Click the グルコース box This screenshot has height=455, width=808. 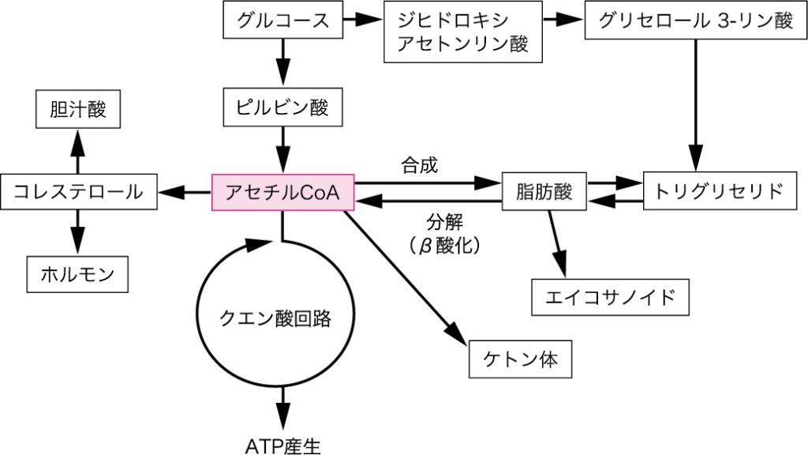pos(283,21)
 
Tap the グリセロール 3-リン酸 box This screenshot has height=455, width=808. pos(695,21)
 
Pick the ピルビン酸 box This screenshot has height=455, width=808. pos(283,107)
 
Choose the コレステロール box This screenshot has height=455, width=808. pos(79,192)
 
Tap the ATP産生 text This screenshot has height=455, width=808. pos(282,444)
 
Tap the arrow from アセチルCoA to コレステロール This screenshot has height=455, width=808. pos(185,192)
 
